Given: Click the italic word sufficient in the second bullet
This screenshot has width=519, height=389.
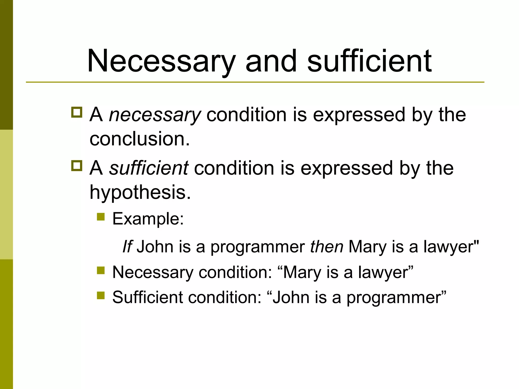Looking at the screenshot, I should click(x=149, y=168).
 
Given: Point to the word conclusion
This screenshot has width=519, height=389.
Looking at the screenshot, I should click(x=139, y=139).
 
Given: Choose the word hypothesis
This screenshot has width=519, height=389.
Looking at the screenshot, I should click(x=140, y=192).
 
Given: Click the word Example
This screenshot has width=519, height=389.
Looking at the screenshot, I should click(x=148, y=219).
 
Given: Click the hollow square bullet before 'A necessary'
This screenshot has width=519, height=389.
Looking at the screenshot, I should click(x=77, y=112).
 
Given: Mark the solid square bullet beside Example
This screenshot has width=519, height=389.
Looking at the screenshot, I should click(x=101, y=217).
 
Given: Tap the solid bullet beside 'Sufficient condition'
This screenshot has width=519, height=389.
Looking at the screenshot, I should click(x=101, y=295).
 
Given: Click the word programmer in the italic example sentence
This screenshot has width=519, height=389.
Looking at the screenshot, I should click(x=258, y=247).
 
